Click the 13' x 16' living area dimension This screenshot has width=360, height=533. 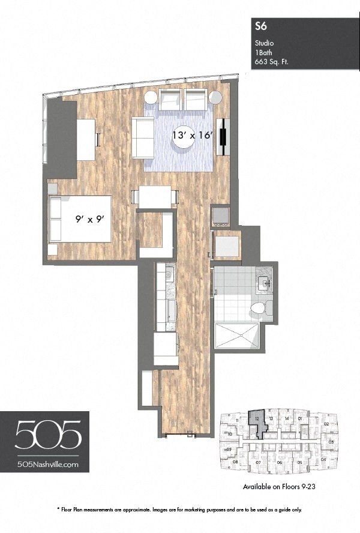[193, 136]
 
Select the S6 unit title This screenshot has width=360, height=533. [260, 25]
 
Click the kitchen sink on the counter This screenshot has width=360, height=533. [169, 276]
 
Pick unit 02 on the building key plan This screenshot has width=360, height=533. [326, 424]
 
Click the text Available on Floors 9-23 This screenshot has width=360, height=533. [279, 487]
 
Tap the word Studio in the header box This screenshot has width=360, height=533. [264, 43]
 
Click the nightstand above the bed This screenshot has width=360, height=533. [53, 188]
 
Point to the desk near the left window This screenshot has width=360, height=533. [86, 139]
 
